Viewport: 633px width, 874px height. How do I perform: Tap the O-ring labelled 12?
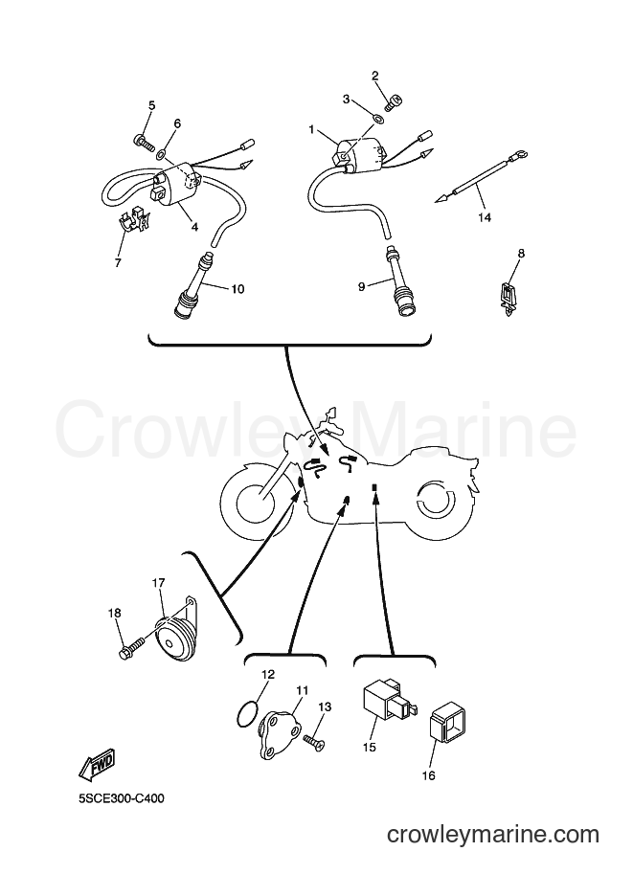coord(247,713)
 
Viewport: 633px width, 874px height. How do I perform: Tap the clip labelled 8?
coord(507,299)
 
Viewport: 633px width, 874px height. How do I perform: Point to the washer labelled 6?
coord(162,153)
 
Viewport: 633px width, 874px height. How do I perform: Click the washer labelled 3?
coord(377,118)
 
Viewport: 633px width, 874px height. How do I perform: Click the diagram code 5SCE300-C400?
coord(121,798)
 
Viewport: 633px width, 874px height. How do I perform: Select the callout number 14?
coord(485,217)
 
